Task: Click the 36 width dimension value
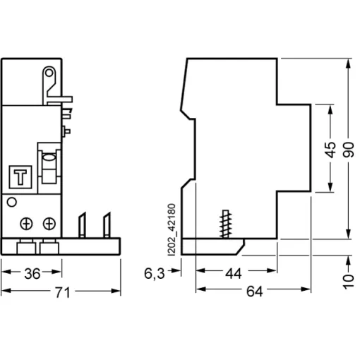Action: click(x=32, y=274)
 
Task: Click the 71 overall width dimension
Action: click(x=63, y=292)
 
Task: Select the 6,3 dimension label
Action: click(x=155, y=274)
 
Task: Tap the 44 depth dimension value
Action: click(x=234, y=274)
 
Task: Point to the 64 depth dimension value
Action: click(x=254, y=292)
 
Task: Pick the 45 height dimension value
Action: click(x=330, y=150)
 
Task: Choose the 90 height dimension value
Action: click(x=349, y=150)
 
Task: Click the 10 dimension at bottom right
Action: click(x=349, y=282)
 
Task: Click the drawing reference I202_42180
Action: click(x=172, y=229)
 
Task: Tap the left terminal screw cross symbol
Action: click(x=26, y=224)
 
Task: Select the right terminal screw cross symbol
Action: click(x=49, y=224)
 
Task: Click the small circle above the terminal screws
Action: click(x=12, y=202)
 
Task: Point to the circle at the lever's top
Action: click(x=49, y=73)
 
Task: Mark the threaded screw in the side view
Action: click(x=226, y=224)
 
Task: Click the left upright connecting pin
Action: click(x=82, y=225)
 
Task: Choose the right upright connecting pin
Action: click(x=107, y=225)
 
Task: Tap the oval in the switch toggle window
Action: click(x=49, y=157)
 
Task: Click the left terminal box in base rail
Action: click(x=26, y=248)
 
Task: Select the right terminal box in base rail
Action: click(x=49, y=248)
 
